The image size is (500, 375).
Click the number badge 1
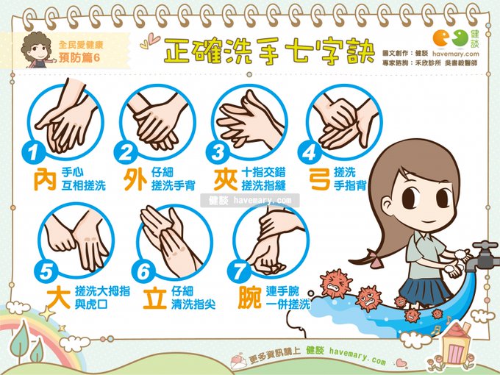click(33, 153)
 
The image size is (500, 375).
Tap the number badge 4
click(309, 153)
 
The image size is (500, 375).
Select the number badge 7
click(238, 272)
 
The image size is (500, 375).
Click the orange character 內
click(45, 179)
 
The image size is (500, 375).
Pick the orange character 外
click(135, 179)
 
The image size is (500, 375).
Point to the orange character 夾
click(226, 179)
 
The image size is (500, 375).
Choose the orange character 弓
click(319, 179)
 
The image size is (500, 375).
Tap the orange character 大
click(59, 298)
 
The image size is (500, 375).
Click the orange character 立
click(154, 298)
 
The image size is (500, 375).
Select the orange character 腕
click(250, 298)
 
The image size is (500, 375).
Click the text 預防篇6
click(79, 57)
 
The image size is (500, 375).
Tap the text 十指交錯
click(263, 173)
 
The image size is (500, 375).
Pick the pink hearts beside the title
click(150, 42)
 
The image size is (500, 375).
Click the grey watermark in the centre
click(250, 201)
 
